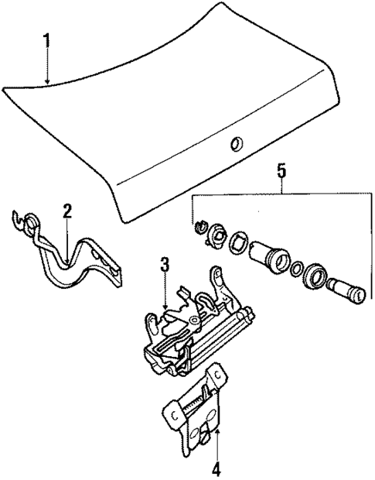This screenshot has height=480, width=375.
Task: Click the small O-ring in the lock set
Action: tap(297, 270)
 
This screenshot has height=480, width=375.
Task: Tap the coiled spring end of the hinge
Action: tap(26, 223)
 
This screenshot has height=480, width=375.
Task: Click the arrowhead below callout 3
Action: tap(165, 309)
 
